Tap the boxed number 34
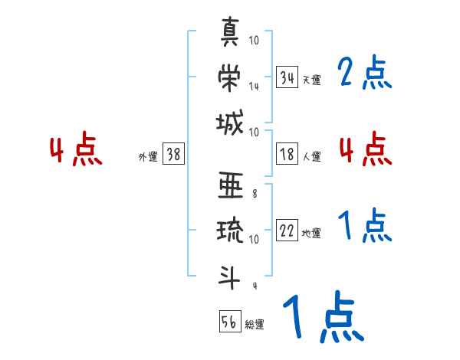[287, 77]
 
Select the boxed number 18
[287, 155]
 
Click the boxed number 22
[287, 231]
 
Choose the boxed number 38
[173, 155]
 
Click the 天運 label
[311, 80]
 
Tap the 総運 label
[254, 324]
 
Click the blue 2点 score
[364, 74]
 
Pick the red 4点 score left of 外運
[74, 151]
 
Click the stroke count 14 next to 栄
[254, 86]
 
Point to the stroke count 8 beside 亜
[254, 194]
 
